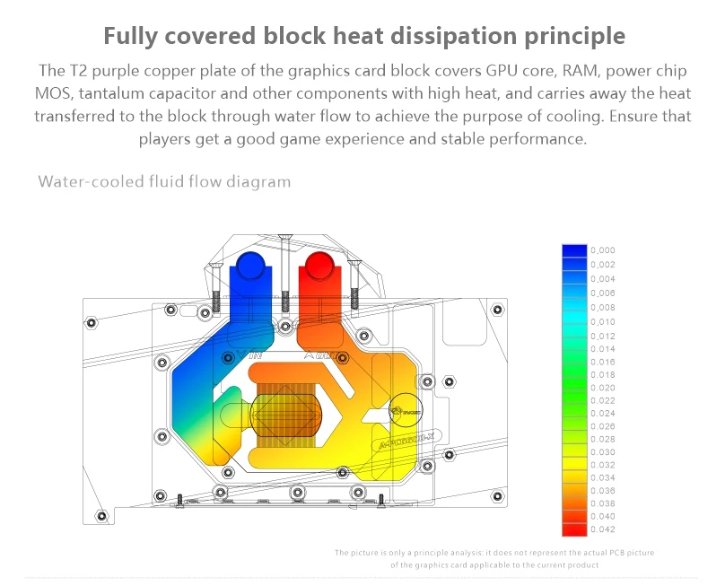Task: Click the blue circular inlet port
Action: click(250, 266)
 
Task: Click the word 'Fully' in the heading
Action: click(135, 36)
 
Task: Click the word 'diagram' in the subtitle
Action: click(260, 181)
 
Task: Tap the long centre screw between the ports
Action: click(284, 269)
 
